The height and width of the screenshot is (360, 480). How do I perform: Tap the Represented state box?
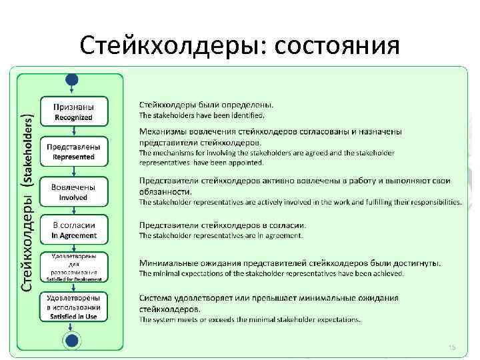(x=73, y=151)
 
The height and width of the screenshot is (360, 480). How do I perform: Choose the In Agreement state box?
(x=73, y=229)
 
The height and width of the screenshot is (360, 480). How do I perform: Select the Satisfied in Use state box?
(x=73, y=307)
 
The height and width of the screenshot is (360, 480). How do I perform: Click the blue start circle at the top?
(x=72, y=79)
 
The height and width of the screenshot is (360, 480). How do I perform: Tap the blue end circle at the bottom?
(x=71, y=341)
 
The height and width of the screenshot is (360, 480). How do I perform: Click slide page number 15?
(x=451, y=347)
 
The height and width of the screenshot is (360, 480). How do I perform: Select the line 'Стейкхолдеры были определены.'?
(x=206, y=105)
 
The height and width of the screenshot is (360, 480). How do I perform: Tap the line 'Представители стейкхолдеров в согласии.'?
(x=223, y=225)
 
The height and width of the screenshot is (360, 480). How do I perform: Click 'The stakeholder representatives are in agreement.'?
(x=221, y=235)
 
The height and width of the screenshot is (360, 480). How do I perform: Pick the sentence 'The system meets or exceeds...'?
(x=249, y=319)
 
